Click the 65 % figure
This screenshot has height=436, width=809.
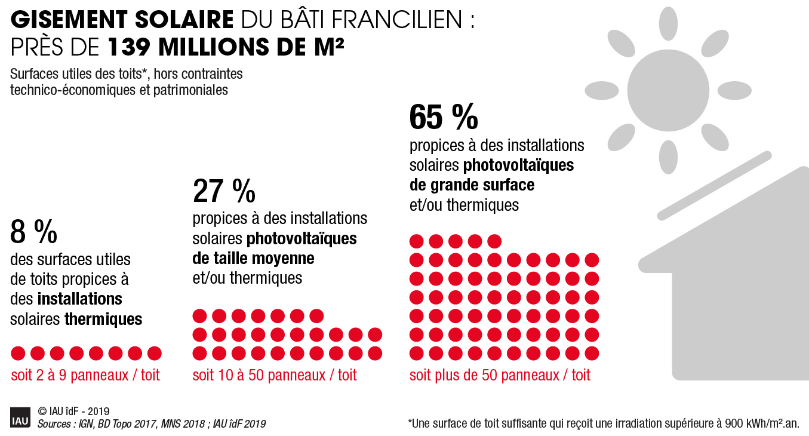tap(443, 117)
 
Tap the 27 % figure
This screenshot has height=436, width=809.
tap(224, 191)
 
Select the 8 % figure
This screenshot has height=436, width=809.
tap(34, 232)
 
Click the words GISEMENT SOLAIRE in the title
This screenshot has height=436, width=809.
tap(122, 20)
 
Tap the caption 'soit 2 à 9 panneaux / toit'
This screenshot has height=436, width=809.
tap(85, 376)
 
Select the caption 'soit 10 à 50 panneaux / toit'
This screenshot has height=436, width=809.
tap(274, 376)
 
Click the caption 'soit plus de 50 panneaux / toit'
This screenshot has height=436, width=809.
tap(500, 376)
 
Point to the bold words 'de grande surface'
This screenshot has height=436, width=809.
tap(472, 185)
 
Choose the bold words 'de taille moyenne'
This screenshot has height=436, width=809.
tap(253, 258)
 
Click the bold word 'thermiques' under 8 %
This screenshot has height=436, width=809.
tap(103, 319)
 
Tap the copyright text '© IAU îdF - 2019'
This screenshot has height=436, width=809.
tap(73, 412)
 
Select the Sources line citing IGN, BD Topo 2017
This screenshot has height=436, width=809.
tap(151, 424)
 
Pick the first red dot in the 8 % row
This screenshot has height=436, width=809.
tap(18, 353)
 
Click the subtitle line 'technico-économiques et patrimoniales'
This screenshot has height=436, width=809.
tap(119, 90)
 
